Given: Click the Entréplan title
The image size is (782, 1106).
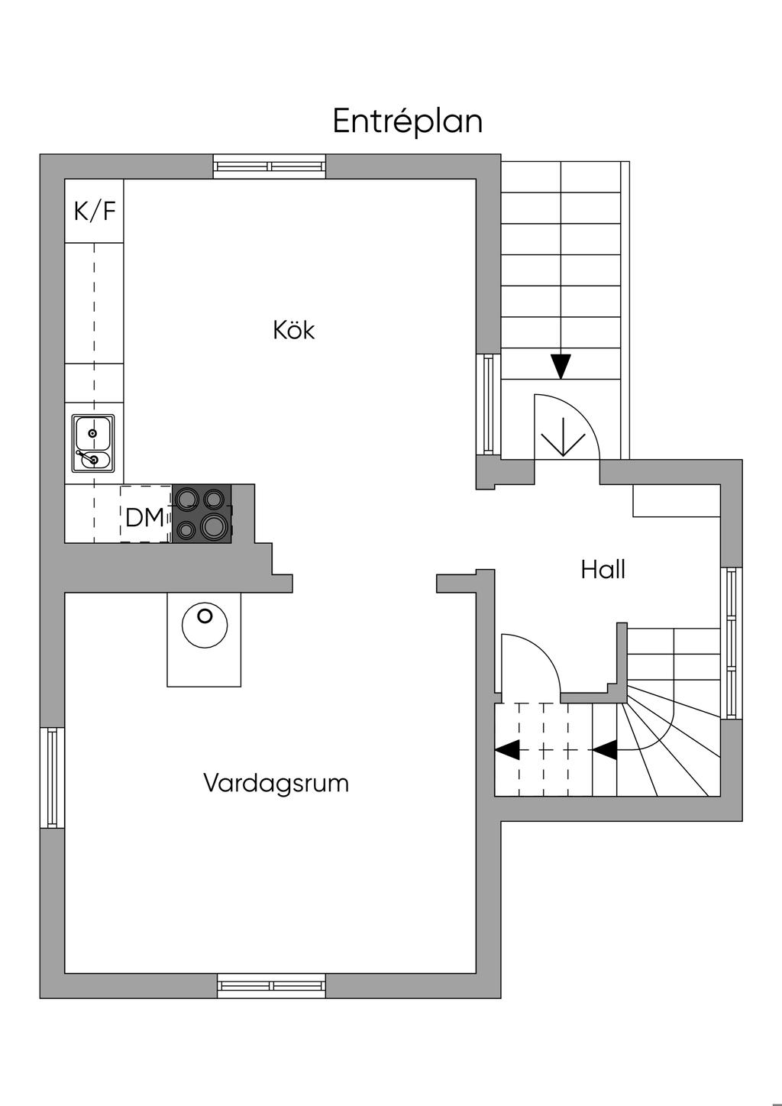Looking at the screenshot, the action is coord(407,121).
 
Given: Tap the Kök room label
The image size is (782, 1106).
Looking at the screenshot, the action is coord(294,330).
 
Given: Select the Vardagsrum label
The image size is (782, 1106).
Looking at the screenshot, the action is coord(276,783).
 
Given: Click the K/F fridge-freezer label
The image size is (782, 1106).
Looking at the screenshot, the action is coord(95,211).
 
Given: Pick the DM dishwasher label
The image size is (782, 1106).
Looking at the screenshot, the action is coord(144,517).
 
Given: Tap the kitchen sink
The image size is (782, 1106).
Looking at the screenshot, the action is coord(93,443).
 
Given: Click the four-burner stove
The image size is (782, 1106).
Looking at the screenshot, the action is coord(202,513).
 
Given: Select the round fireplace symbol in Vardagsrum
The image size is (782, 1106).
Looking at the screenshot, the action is coord(205,625).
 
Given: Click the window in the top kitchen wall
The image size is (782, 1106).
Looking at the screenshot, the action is coord(270,167).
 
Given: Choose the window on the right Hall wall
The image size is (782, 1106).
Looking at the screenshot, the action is coord(731,643).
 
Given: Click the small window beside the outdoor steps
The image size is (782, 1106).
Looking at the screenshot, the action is coord(489,404).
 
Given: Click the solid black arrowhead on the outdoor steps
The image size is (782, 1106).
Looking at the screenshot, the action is coord(561,367).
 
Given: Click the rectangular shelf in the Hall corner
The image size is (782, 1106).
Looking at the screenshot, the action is coord(677,500).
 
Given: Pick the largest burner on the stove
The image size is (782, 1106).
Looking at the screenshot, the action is coord(213,526).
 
